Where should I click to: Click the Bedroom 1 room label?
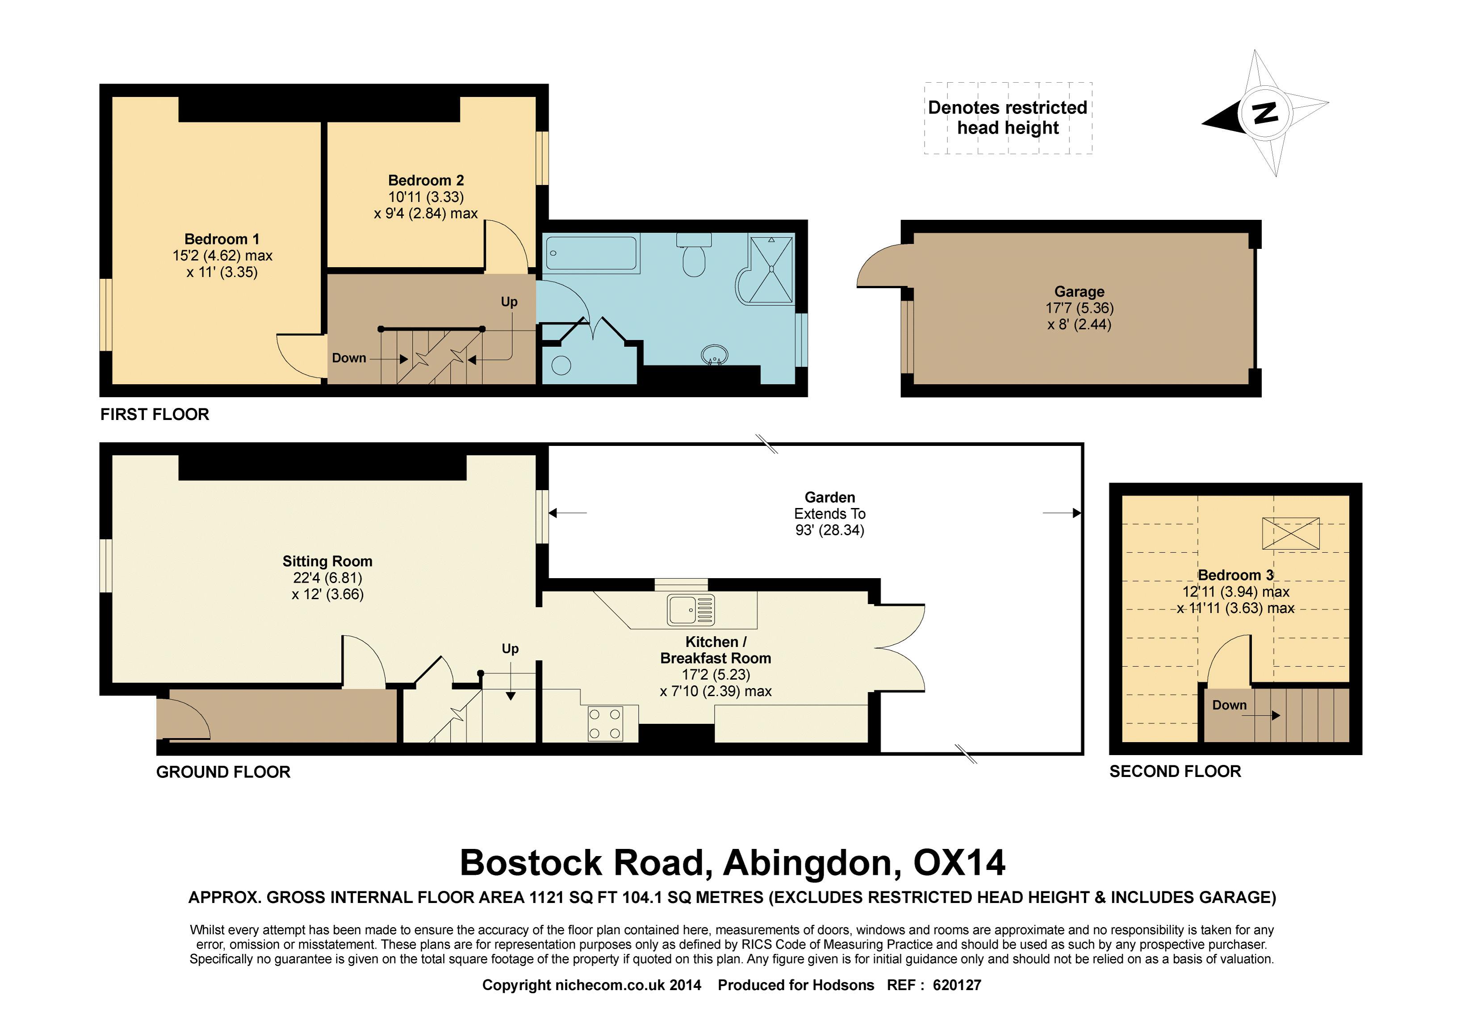pos(222,239)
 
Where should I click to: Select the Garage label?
pos(1079,292)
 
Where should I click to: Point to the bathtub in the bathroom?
pos(591,253)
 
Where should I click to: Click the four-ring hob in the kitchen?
pos(605,723)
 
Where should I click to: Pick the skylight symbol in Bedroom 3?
pos(1291,533)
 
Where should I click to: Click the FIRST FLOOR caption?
pos(154,415)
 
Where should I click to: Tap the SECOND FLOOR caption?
pos(1175,772)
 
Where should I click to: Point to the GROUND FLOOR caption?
pos(223,773)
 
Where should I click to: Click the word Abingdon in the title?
pos(812,863)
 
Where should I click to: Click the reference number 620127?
pos(957,985)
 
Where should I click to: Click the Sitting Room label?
pos(327,561)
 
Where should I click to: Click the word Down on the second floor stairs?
pos(1229,705)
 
